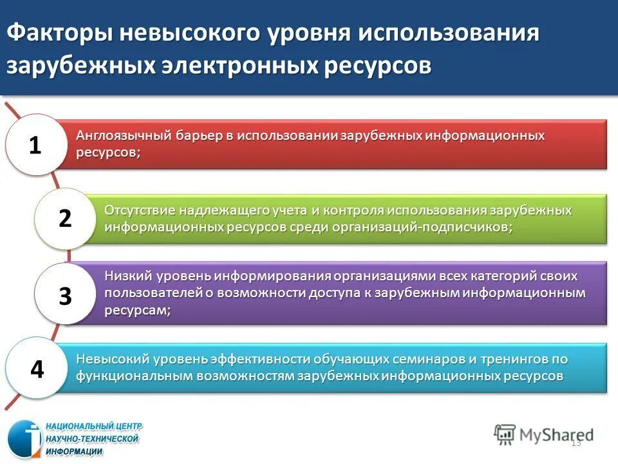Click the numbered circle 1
35,146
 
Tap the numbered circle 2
64,219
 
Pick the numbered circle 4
37,369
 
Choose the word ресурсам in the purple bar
137,310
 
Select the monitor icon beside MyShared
505,434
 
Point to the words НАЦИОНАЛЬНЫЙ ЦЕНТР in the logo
93,427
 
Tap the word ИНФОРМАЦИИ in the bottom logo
73,451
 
